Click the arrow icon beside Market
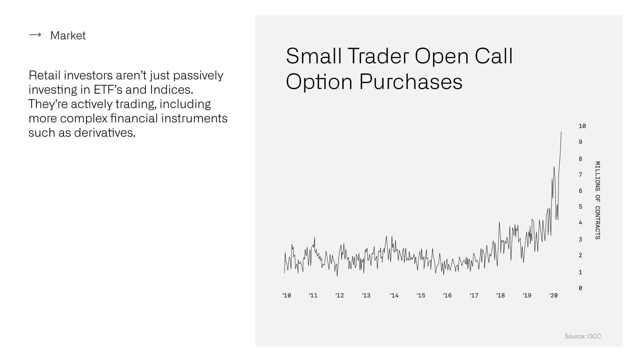[x=35, y=35]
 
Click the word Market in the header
[x=68, y=35]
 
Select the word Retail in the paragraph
[x=44, y=75]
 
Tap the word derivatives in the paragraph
[x=105, y=133]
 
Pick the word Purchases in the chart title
[x=411, y=82]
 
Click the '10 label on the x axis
[x=287, y=295]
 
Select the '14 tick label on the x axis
[x=394, y=295]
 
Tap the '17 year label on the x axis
[x=474, y=295]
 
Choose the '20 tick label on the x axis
[x=553, y=295]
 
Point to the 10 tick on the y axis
[x=582, y=126]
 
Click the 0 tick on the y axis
[x=580, y=288]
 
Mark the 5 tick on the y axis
[x=580, y=207]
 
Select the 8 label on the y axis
[x=580, y=159]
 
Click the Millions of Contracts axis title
[x=597, y=200]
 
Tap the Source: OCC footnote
[x=583, y=336]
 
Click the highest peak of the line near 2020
[x=561, y=132]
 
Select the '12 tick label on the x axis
[x=340, y=295]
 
